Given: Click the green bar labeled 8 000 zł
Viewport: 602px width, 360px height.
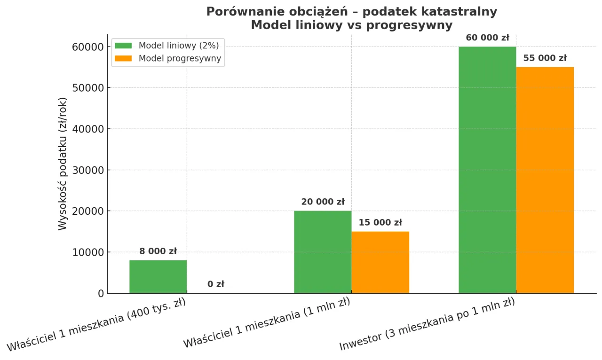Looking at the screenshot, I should pyautogui.click(x=158, y=277).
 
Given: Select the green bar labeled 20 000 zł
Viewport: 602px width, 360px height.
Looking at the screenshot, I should pyautogui.click(x=323, y=252).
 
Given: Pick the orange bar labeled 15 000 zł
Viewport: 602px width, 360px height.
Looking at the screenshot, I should pyautogui.click(x=380, y=262).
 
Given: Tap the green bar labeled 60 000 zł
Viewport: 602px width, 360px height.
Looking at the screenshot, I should pyautogui.click(x=487, y=170).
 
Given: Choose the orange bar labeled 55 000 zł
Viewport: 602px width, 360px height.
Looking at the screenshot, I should pyautogui.click(x=545, y=180).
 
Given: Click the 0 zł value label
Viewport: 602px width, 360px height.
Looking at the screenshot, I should pyautogui.click(x=216, y=284).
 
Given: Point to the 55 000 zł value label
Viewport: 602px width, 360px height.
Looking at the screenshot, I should pyautogui.click(x=545, y=58).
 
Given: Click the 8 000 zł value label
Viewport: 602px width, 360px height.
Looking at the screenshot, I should pyautogui.click(x=158, y=251).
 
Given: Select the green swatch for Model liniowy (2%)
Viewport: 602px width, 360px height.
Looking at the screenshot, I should pyautogui.click(x=124, y=46).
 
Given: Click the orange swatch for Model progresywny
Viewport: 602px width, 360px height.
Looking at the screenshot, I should pyautogui.click(x=124, y=59).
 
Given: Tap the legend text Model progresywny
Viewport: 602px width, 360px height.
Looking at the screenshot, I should pyautogui.click(x=180, y=59).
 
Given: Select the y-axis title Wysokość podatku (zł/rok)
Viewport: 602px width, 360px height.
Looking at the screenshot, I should pyautogui.click(x=63, y=164).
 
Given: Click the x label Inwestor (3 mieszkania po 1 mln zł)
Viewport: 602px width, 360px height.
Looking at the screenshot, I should pyautogui.click(x=427, y=324).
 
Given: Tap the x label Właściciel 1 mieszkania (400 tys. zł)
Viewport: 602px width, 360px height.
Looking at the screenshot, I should pyautogui.click(x=96, y=325).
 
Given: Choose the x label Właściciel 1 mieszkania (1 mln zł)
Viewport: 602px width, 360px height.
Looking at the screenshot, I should pyautogui.click(x=267, y=323).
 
